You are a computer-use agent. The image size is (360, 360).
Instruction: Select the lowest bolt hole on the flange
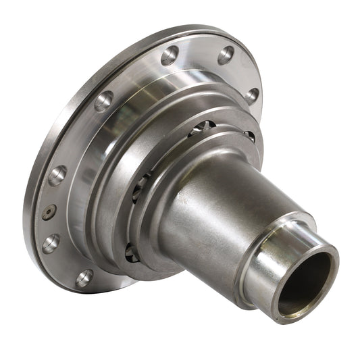pyautogui.click(x=84, y=278)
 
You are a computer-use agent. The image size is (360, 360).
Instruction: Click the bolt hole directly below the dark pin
pyautogui.click(x=51, y=243)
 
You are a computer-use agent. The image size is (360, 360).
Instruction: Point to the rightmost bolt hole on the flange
pyautogui.click(x=253, y=96)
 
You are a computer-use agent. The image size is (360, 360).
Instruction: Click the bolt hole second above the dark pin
pyautogui.click(x=103, y=101)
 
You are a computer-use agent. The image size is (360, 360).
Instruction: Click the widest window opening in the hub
pyautogui.click(x=201, y=127)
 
